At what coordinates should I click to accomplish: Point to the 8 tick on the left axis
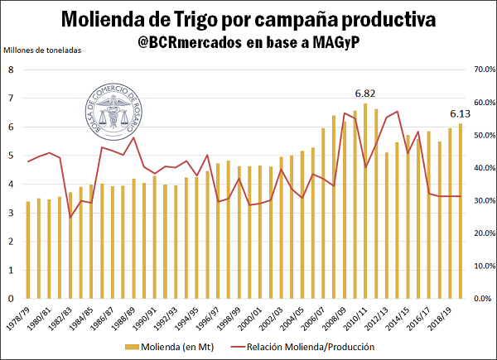(x=11, y=70)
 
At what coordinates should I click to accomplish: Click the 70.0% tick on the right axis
(x=483, y=70)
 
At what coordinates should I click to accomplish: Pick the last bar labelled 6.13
(x=461, y=211)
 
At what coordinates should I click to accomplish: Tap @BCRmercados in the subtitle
(x=186, y=43)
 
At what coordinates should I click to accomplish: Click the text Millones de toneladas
(x=43, y=51)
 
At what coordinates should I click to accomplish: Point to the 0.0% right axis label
(x=483, y=299)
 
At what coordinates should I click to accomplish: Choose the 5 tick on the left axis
(x=11, y=156)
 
